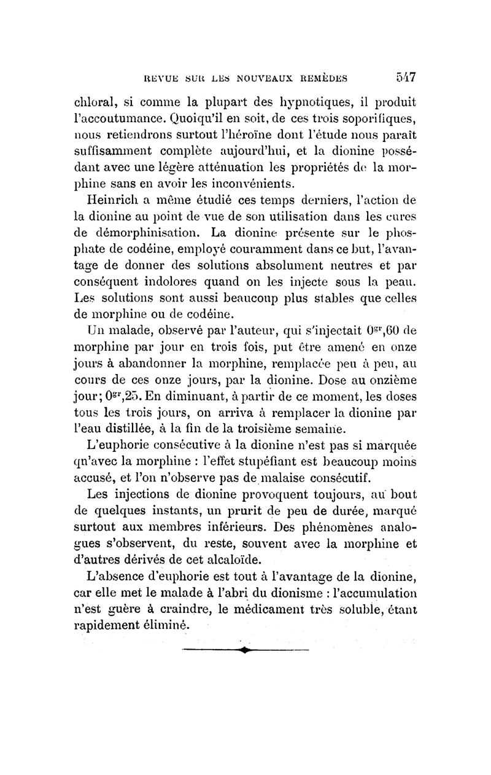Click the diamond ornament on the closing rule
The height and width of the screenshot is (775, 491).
click(245, 648)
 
